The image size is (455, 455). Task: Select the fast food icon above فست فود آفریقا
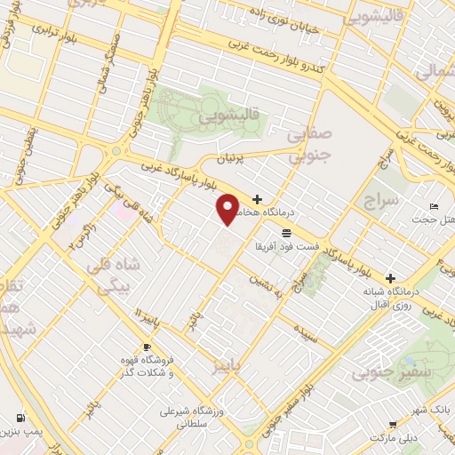286,234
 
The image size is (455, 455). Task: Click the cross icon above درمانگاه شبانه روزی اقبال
390,277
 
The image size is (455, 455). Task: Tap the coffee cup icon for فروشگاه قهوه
147,347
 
